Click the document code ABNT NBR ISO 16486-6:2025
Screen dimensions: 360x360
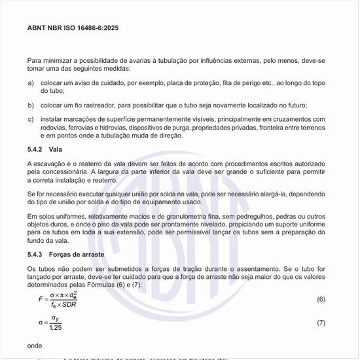click(x=73, y=29)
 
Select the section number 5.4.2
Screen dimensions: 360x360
click(x=35, y=150)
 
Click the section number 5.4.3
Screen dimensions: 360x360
click(x=35, y=253)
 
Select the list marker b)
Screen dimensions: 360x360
click(x=31, y=105)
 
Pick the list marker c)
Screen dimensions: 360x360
click(x=31, y=119)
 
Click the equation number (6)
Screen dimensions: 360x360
click(x=321, y=299)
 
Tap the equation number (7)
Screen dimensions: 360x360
click(x=321, y=323)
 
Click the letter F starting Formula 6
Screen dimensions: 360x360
click(x=41, y=299)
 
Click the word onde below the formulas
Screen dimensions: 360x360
click(x=35, y=345)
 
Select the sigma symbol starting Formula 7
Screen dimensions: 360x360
click(x=41, y=323)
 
